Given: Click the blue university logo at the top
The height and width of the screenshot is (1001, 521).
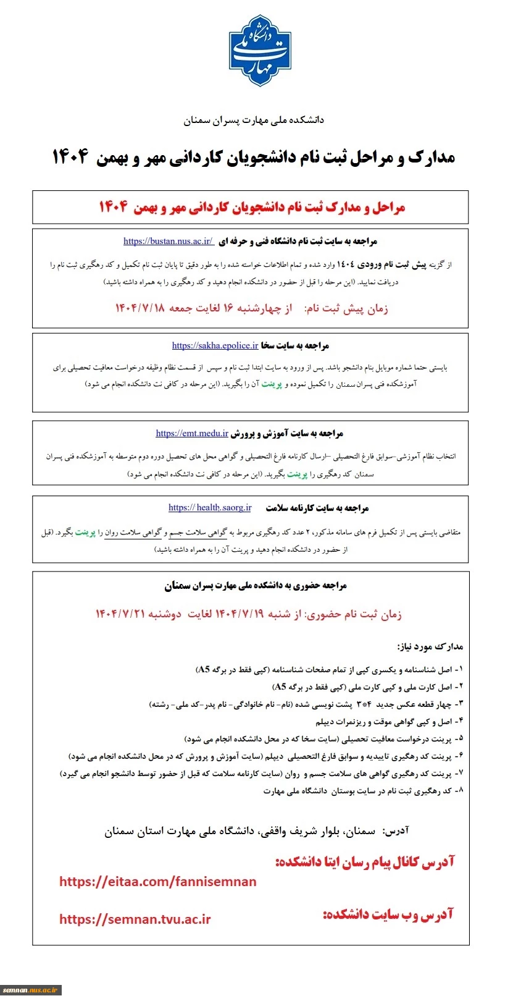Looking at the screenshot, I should (x=260, y=51).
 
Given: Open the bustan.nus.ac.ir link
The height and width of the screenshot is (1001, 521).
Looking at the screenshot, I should (x=168, y=241).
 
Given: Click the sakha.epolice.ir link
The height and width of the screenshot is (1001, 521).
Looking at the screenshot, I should (x=215, y=345).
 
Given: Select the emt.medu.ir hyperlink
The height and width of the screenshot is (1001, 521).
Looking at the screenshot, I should (x=192, y=433).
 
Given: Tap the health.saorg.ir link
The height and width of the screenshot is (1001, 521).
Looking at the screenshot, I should (x=210, y=507).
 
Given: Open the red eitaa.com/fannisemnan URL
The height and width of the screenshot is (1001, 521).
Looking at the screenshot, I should (x=158, y=882).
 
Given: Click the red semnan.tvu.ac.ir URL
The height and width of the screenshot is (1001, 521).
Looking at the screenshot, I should (x=135, y=919).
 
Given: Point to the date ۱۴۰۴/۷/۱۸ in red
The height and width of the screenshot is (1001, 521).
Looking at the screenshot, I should (x=140, y=308).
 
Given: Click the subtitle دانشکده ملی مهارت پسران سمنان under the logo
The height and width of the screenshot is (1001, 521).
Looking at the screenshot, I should (x=254, y=120).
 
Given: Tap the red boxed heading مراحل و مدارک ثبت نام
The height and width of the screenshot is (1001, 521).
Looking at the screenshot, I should (x=252, y=207).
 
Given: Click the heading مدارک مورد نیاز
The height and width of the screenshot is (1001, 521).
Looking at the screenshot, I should (x=430, y=646).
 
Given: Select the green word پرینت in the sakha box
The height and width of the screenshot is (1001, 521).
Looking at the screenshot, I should (x=272, y=384).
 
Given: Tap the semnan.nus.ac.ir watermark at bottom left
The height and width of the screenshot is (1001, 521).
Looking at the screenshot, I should (x=30, y=990).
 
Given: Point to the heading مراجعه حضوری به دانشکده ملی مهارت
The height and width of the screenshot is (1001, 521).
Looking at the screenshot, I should (x=256, y=585).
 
